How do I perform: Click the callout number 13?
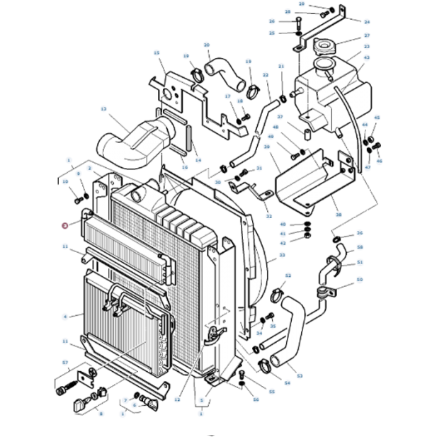click(103, 110)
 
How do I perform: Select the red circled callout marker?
click(65, 225)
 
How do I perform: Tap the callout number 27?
click(367, 35)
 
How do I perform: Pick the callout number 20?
click(207, 46)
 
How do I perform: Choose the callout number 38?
click(338, 215)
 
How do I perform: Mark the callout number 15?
click(157, 52)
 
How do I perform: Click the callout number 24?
click(367, 22)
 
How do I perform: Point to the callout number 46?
click(379, 161)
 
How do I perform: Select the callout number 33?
click(281, 256)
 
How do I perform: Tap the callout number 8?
click(100, 414)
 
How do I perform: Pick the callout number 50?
click(360, 280)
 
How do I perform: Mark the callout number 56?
click(255, 399)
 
